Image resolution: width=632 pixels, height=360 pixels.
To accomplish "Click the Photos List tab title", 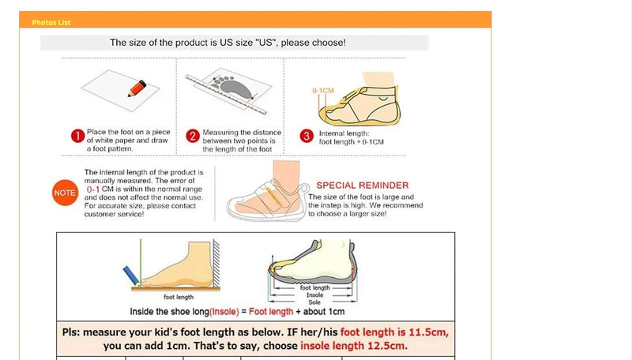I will pyautogui.click(x=51, y=22).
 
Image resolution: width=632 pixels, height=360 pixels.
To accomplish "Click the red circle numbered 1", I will pyautogui.click(x=77, y=136).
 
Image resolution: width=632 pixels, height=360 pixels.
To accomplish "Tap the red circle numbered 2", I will pyautogui.click(x=192, y=136).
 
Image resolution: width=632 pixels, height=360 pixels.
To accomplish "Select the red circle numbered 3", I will pyautogui.click(x=307, y=136).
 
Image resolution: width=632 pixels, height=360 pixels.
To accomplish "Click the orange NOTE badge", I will pyautogui.click(x=64, y=193).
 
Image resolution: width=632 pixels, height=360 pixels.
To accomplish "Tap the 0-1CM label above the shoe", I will pyautogui.click(x=323, y=91).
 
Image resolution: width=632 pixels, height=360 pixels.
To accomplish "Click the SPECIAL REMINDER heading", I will pyautogui.click(x=363, y=185).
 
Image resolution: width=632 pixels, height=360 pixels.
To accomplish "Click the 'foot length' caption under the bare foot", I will pyautogui.click(x=179, y=298).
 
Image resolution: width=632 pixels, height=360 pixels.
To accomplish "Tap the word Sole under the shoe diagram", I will pyautogui.click(x=314, y=302).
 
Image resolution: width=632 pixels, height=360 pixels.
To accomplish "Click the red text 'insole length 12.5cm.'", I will pyautogui.click(x=354, y=346).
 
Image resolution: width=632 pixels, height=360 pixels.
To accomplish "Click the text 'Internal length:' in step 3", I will pyautogui.click(x=340, y=133).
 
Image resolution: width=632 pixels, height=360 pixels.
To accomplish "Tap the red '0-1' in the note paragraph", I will pyautogui.click(x=93, y=189).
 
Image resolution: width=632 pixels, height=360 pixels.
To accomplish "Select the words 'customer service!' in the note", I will pyautogui.click(x=115, y=214).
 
